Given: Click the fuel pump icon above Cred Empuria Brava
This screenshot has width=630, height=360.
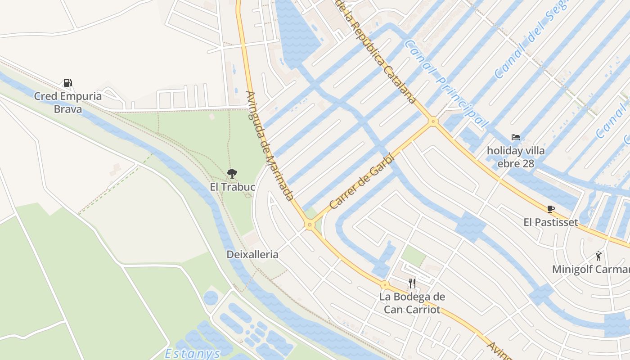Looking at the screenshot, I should click(67, 83).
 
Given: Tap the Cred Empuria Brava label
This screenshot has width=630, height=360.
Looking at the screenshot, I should click(68, 103).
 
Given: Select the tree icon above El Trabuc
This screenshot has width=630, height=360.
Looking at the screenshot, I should click(232, 173).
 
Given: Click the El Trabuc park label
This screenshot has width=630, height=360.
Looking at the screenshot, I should click(232, 186).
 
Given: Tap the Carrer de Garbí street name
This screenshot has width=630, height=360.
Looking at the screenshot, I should click(361, 182).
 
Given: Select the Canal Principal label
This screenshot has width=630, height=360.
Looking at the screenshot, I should click(446, 83).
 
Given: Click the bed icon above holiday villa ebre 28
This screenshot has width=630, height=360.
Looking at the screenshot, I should click(516, 137).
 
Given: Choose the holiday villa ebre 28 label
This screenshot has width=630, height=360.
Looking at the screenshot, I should click(516, 157).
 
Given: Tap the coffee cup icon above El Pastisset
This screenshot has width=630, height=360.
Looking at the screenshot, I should click(550, 209).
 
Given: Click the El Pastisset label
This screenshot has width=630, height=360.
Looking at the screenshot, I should click(550, 222).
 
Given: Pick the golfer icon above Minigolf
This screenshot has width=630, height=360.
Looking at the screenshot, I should click(598, 256).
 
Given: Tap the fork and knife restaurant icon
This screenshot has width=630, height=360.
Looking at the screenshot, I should click(412, 283).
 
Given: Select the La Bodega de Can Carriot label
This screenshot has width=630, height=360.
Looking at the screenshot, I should click(412, 303).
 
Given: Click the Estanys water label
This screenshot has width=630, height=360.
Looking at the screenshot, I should click(192, 353).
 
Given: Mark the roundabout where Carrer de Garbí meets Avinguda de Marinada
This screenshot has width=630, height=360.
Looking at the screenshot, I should click(309, 224).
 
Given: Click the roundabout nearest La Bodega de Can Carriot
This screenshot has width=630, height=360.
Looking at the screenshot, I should click(385, 285).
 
